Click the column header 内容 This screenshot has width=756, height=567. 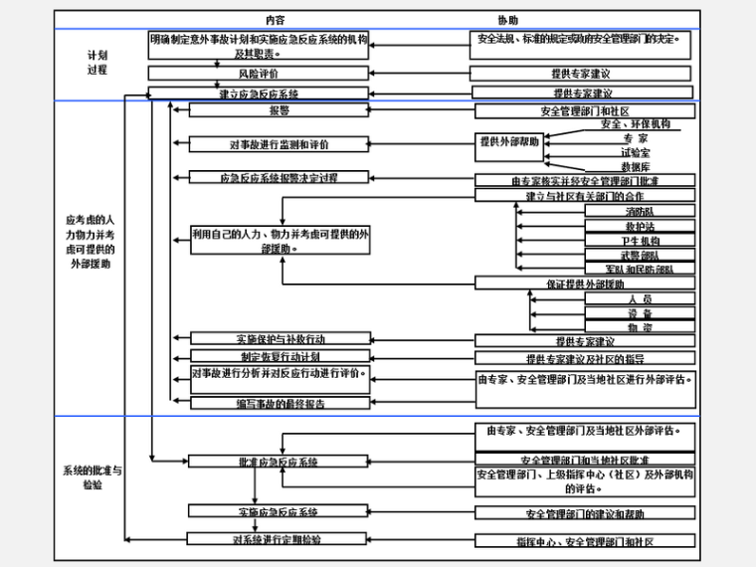point(276,20)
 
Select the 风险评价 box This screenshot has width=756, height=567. point(258,74)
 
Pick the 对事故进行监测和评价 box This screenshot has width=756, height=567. point(280,144)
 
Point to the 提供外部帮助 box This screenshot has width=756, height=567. point(509,142)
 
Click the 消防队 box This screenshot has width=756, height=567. point(639,212)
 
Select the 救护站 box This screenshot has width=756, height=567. point(639,227)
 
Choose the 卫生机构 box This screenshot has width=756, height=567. point(640,241)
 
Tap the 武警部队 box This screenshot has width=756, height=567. point(640,256)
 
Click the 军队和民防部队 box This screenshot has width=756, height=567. point(640,270)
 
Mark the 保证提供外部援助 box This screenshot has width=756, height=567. point(584,283)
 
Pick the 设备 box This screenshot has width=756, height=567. point(640,312)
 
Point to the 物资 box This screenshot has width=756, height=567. point(640,326)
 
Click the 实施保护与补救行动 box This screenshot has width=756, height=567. point(280,339)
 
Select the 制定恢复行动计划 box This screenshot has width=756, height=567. point(280,356)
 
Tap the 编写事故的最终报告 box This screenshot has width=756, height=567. point(280,403)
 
